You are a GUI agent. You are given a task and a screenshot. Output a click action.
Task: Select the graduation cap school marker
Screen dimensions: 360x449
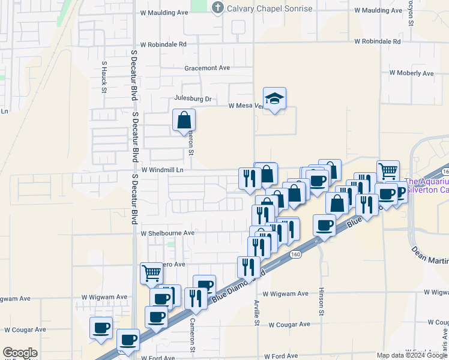click(274, 99)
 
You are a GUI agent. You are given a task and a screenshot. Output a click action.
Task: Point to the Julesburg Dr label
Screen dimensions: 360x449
click(193, 98)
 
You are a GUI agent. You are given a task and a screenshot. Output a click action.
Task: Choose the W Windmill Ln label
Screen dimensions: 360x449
click(161, 170)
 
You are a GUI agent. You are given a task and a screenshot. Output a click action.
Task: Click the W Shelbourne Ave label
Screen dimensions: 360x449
click(167, 233)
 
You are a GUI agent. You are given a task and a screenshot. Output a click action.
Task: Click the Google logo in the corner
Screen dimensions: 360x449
click(19, 353)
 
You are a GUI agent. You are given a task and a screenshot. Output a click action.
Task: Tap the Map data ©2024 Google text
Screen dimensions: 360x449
click(411, 355)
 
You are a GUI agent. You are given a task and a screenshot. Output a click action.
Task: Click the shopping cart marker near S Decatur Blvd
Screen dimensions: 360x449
click(151, 273)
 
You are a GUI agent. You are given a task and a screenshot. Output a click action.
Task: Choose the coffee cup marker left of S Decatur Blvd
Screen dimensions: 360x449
click(101, 328)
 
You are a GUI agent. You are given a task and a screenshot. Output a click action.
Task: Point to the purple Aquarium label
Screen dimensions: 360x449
click(427, 186)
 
